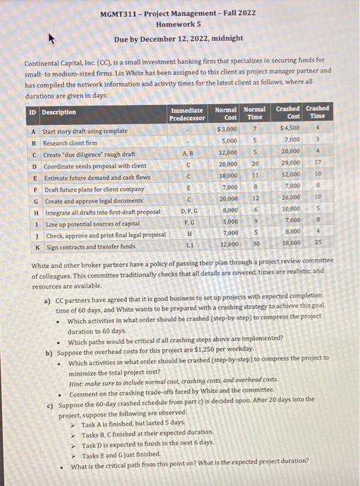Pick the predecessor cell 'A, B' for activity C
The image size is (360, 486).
coord(188,153)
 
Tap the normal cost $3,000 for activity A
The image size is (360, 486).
coord(227,130)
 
